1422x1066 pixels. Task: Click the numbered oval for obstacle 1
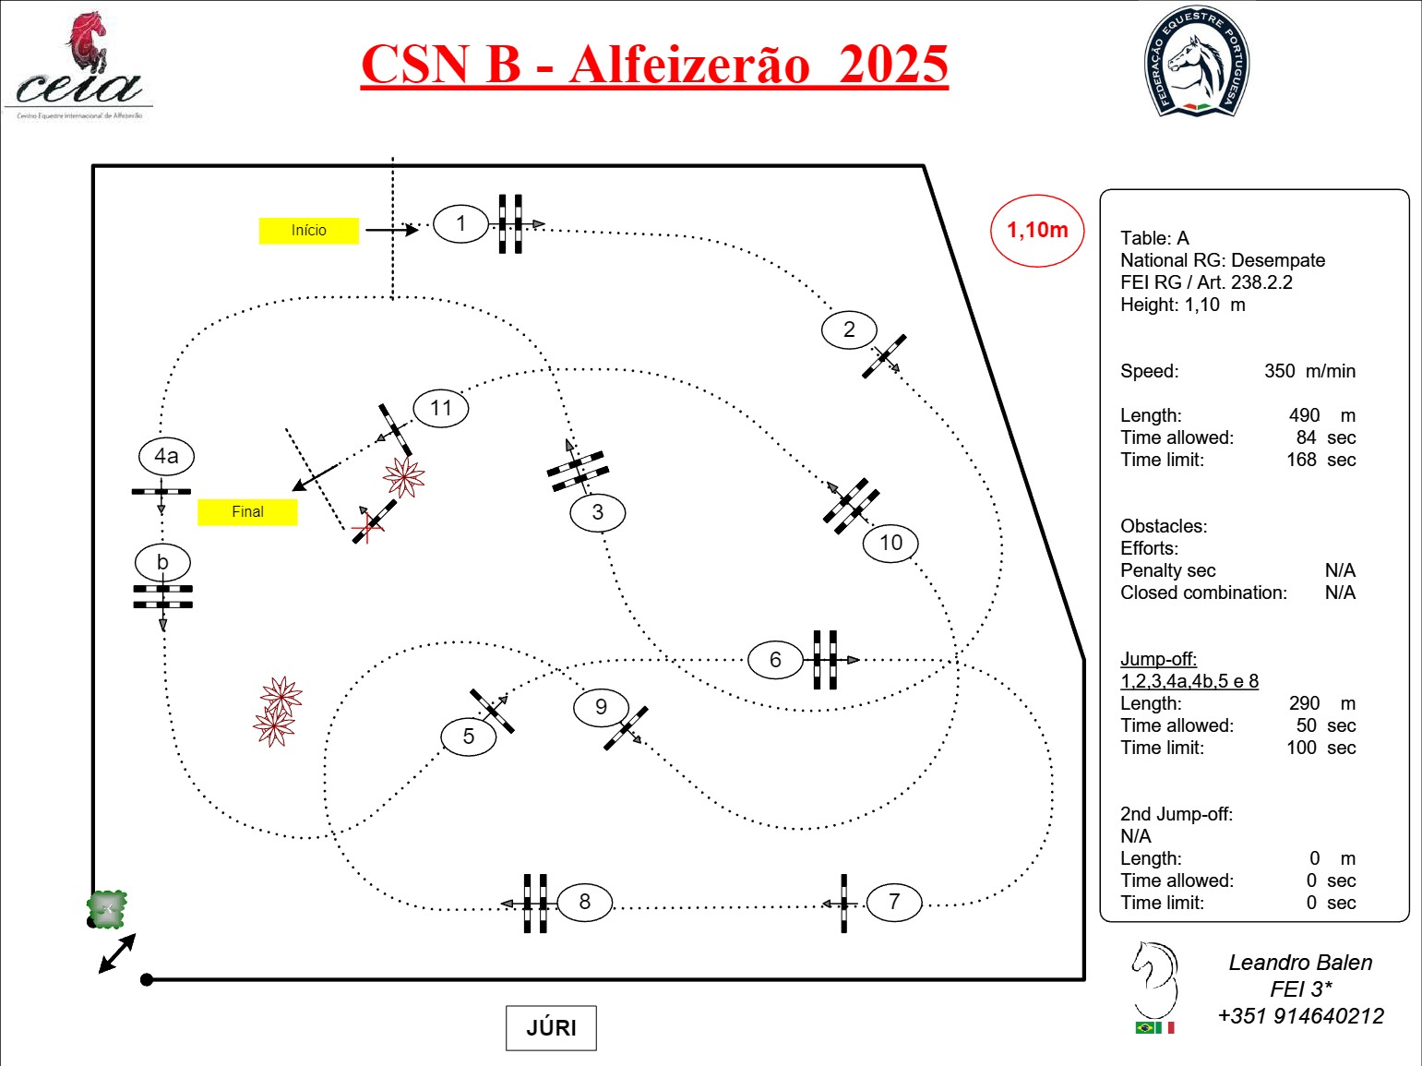pyautogui.click(x=460, y=223)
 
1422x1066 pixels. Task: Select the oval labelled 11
pyautogui.click(x=441, y=408)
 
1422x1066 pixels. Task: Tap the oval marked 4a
pyautogui.click(x=166, y=456)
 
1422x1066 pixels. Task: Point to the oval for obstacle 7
pyautogui.click(x=893, y=902)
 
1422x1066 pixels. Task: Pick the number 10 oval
pyautogui.click(x=890, y=543)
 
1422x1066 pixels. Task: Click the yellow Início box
pyautogui.click(x=308, y=231)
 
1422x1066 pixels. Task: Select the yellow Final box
pyautogui.click(x=247, y=511)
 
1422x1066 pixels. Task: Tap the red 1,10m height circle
pyautogui.click(x=1037, y=231)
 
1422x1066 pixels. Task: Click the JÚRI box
pyautogui.click(x=551, y=1028)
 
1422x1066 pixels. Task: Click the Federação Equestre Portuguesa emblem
pyautogui.click(x=1196, y=63)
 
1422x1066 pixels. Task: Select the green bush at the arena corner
pyautogui.click(x=107, y=909)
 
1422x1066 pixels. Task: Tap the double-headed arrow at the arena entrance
pyautogui.click(x=117, y=953)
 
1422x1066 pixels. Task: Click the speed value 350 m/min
pyautogui.click(x=1308, y=371)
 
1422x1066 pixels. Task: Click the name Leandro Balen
pyautogui.click(x=1299, y=963)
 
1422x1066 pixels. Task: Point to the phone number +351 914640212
pyautogui.click(x=1299, y=1016)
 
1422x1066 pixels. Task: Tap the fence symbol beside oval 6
pyautogui.click(x=825, y=660)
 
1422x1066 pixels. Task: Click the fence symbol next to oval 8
pyautogui.click(x=535, y=903)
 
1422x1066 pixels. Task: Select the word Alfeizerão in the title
pyautogui.click(x=689, y=65)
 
